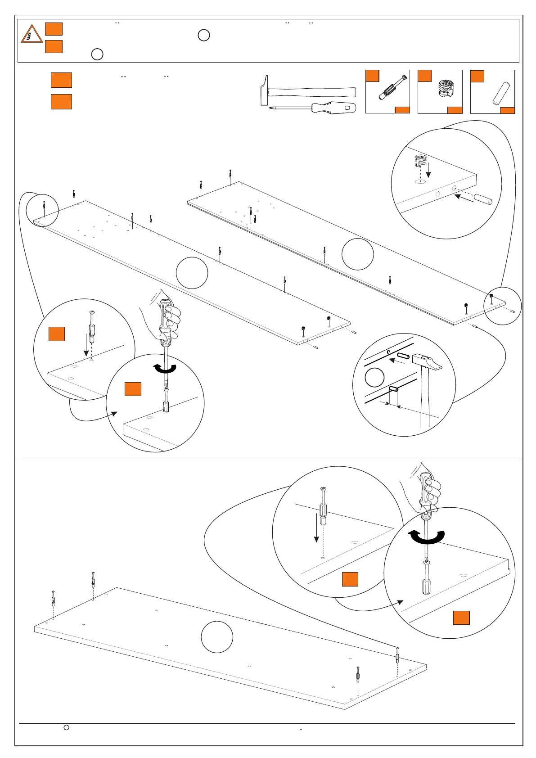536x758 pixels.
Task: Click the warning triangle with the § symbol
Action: click(x=32, y=35)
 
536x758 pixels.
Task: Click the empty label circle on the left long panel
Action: click(x=192, y=273)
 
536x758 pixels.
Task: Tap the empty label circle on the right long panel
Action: click(x=357, y=254)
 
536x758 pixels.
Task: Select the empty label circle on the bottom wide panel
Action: click(x=217, y=636)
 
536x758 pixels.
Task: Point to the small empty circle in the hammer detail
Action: click(x=374, y=377)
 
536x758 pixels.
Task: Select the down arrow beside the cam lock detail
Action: click(x=428, y=170)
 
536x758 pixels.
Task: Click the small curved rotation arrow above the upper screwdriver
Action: click(x=165, y=369)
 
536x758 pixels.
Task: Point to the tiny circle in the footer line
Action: click(x=66, y=727)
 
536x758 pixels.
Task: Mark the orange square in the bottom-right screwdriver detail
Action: click(x=461, y=618)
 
